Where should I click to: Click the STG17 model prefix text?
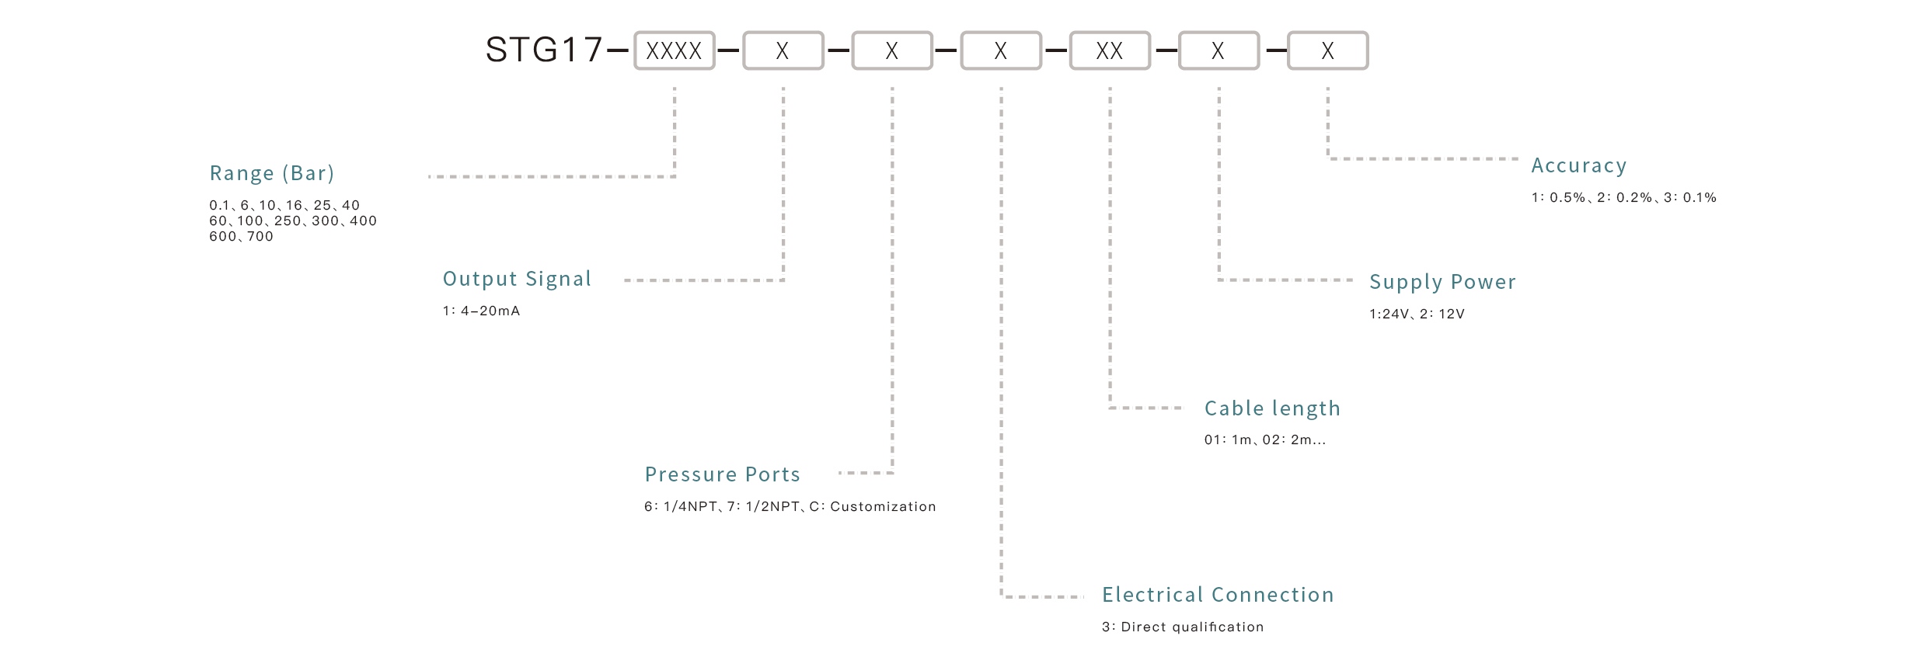coord(543,50)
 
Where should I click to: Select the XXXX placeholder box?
coord(674,50)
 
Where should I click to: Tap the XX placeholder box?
coord(1109,50)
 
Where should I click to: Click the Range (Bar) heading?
coord(272,172)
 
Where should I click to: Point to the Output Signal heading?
coord(517,279)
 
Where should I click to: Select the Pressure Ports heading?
coord(722,474)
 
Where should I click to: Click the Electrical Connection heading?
coord(1218,594)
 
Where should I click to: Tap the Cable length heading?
coord(1272,408)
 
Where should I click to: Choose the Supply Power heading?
coord(1442,281)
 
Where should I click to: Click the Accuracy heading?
coord(1578,165)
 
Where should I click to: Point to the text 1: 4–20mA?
coord(481,311)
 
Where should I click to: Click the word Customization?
coord(883,506)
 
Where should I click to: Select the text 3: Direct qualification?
coord(1182,627)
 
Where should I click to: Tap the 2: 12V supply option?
coord(1442,314)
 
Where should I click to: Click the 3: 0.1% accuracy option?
coord(1689,197)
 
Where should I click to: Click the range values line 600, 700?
coord(241,236)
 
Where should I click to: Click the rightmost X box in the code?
coord(1327,50)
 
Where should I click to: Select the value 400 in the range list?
coord(363,221)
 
